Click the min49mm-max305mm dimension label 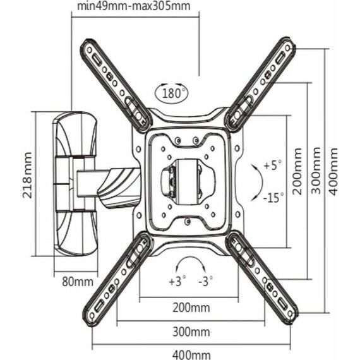click(x=134, y=6)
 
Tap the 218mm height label click(x=27, y=175)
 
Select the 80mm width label click(x=78, y=282)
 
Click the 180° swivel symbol click(x=172, y=93)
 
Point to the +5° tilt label click(x=272, y=165)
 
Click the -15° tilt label click(x=273, y=198)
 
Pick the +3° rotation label click(x=177, y=280)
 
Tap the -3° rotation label click(x=205, y=280)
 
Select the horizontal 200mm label click(x=191, y=308)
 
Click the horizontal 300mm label click(x=191, y=332)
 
